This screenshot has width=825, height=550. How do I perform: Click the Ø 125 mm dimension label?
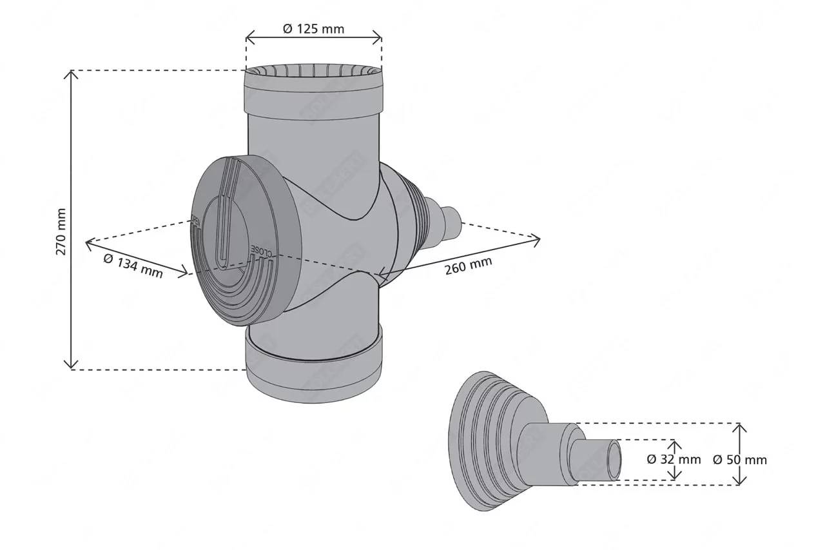point(314,29)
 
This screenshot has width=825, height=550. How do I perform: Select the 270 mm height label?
point(61,231)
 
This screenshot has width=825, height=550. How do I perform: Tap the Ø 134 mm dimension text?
point(133,266)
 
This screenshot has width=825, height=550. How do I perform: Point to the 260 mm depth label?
point(468,265)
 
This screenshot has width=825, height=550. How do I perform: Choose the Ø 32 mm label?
point(674,459)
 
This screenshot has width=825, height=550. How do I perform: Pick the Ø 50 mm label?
point(740,460)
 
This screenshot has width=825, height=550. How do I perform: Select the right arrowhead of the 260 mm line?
point(537,239)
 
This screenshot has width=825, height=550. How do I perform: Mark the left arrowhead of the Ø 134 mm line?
point(88,243)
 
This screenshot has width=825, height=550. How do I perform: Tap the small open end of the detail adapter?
point(614,460)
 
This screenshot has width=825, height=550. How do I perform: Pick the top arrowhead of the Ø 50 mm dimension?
point(740,426)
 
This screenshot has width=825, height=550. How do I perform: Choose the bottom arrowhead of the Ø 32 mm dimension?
point(674,477)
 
